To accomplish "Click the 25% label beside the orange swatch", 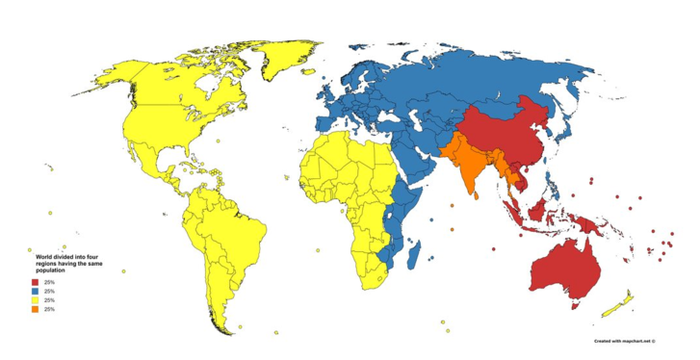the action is pos(49,310).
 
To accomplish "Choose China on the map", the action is pos(506,135).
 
